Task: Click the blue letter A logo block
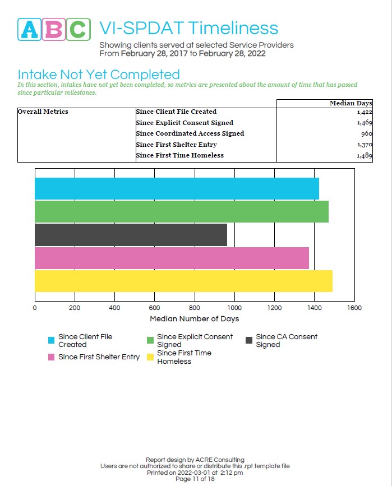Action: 30,29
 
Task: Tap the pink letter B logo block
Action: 54,29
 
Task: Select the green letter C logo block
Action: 79,29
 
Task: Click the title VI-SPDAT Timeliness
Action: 188,28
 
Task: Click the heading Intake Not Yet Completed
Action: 99,75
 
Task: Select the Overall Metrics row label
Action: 43,112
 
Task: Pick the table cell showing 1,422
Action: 363,112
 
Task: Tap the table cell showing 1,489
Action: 363,156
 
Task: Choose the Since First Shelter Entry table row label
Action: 176,145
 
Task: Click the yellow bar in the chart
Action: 183,281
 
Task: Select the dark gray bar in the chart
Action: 131,235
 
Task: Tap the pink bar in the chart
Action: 172,258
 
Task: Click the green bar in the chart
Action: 181,211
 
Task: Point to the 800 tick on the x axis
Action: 195,308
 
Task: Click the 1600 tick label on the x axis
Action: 354,308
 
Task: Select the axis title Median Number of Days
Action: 194,319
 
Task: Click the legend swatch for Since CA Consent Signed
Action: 250,340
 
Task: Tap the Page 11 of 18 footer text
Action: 195,479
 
